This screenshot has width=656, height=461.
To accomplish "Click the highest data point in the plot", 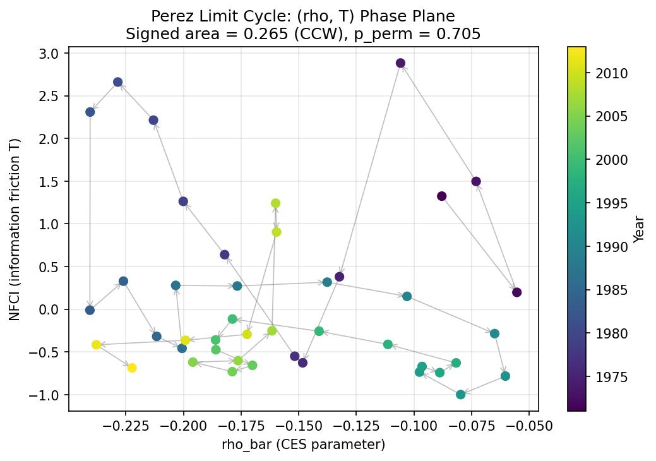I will [400, 63].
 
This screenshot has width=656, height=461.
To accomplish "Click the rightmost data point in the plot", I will [517, 292].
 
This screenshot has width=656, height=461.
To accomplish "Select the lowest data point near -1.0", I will [461, 395].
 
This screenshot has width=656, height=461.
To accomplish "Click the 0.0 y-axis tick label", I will [52, 310].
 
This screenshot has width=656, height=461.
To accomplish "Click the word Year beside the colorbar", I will [640, 229].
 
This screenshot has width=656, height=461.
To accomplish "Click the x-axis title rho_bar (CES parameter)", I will [303, 445].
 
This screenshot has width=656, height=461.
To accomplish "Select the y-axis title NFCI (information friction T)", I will [15, 229].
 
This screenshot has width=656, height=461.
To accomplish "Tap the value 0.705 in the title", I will [463, 33].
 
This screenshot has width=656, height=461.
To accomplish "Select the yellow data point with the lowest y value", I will [132, 368].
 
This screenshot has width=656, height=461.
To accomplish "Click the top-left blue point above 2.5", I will [117, 82].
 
